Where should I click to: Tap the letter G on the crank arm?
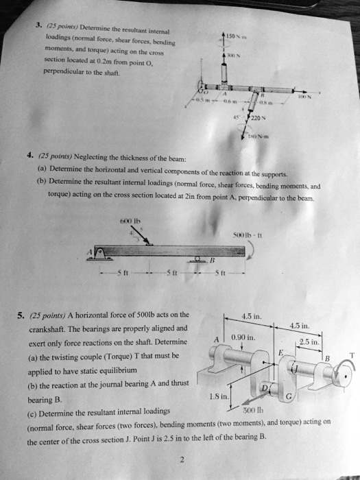pos(307,397)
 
